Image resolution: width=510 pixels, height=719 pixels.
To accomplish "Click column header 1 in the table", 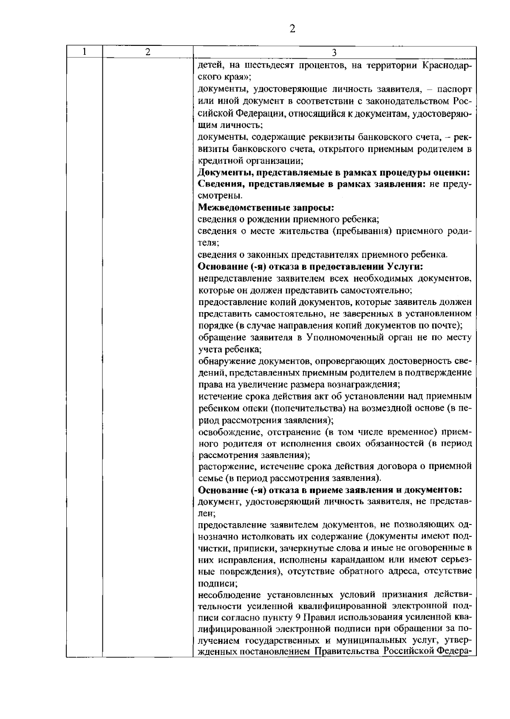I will [85, 52].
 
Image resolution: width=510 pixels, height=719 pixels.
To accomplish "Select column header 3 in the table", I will [334, 53].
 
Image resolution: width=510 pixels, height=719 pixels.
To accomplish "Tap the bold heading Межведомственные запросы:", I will [266, 208].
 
